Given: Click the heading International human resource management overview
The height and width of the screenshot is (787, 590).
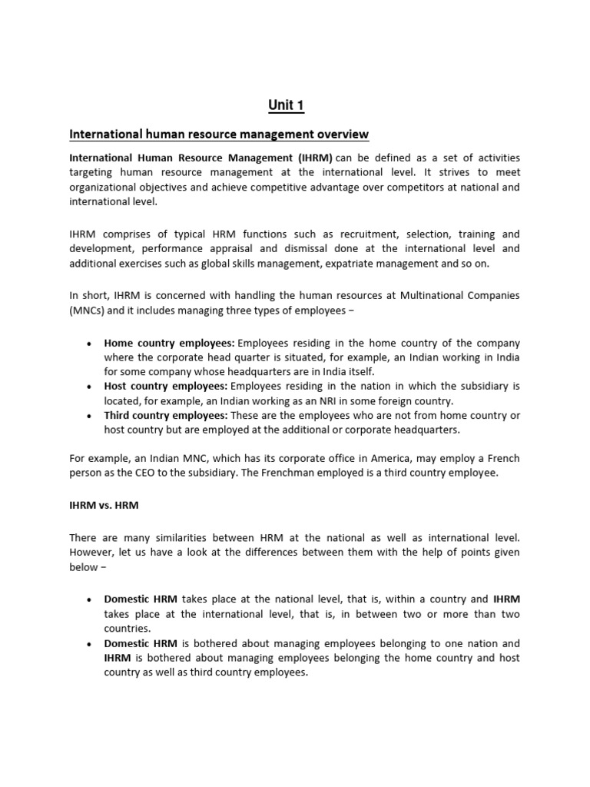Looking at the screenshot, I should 219,134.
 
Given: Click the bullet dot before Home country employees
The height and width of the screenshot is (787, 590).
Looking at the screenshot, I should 91,344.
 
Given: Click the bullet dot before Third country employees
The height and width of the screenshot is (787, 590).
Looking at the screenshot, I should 91,416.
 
